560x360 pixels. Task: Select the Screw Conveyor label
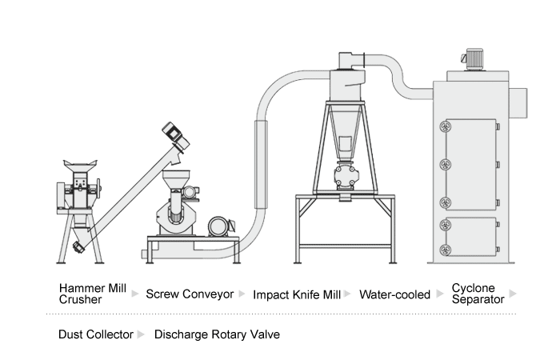click(x=190, y=294)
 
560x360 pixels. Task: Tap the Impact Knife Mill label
click(x=297, y=294)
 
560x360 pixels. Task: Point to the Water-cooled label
click(x=394, y=294)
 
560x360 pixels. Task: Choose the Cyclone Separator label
click(x=478, y=294)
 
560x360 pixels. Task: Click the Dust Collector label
click(x=95, y=334)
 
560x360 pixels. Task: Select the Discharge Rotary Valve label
click(x=217, y=334)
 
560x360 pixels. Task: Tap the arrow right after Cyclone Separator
click(x=513, y=294)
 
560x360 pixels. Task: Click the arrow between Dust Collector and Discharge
click(x=142, y=334)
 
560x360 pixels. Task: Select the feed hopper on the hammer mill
click(x=76, y=167)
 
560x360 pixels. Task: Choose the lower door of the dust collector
click(x=470, y=237)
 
